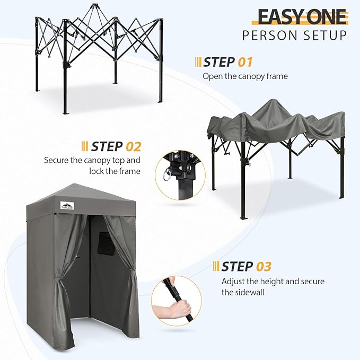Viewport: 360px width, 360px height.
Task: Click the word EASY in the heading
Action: pyautogui.click(x=279, y=16)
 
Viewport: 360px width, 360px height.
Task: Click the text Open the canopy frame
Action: pyautogui.click(x=245, y=76)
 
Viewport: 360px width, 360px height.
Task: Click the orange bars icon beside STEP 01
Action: pyautogui.click(x=198, y=62)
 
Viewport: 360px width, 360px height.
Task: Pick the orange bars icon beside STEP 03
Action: pyautogui.click(x=215, y=266)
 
